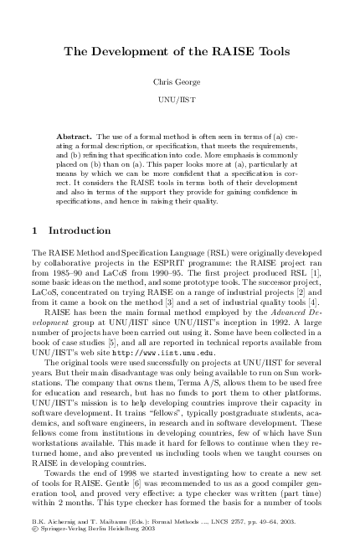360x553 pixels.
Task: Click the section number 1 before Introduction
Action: coord(33,230)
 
